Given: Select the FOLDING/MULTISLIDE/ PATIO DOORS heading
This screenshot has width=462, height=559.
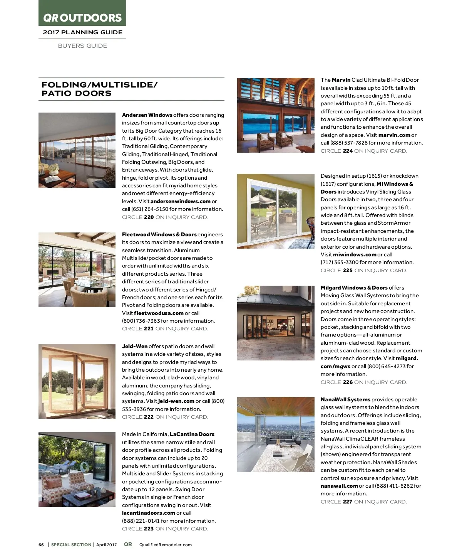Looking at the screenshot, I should (x=99, y=89).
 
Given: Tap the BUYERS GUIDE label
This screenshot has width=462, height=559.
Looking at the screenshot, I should (x=82, y=46).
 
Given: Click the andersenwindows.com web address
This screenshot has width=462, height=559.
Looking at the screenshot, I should (x=181, y=201).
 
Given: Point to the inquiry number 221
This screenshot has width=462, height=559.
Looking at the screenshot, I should (x=149, y=329).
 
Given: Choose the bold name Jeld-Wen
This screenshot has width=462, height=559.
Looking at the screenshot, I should (x=135, y=346).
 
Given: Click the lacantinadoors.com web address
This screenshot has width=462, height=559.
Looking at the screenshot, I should (x=149, y=513).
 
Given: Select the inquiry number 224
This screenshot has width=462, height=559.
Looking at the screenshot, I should (x=348, y=151).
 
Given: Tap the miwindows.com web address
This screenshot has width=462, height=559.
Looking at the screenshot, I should (x=355, y=254).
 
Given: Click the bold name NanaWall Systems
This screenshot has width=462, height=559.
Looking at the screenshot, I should (x=345, y=399).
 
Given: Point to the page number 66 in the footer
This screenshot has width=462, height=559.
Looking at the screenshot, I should (x=41, y=545).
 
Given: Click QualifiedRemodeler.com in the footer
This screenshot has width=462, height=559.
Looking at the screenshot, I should (x=166, y=545).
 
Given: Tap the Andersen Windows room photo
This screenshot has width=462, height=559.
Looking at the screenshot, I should (x=77, y=150).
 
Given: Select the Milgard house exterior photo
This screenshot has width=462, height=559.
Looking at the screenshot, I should (x=276, y=323).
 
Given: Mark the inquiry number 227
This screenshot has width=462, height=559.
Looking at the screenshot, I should (x=348, y=502).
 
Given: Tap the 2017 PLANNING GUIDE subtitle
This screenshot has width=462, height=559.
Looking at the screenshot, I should (x=82, y=32).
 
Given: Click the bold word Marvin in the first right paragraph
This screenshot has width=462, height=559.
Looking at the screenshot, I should (x=341, y=80).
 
